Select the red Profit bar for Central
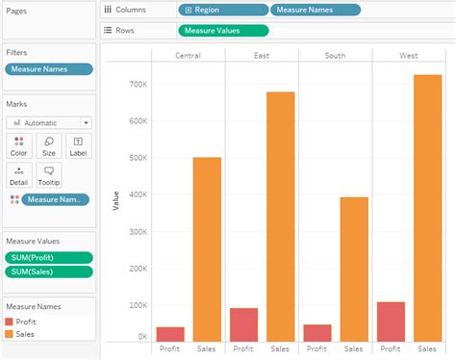pos(170,333)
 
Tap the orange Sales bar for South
pos(354,269)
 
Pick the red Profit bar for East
pos(244,323)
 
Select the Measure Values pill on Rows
pos(222,30)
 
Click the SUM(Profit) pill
pos(49,257)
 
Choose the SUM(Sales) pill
pos(49,271)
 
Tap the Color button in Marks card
pos(18,145)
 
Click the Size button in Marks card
pos(48,145)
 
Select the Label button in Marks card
pos(78,145)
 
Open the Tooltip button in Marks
pos(48,174)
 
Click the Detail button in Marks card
pos(18,174)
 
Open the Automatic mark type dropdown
pos(49,122)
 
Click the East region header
pos(262,55)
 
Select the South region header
pos(336,55)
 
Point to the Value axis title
pos(115,201)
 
